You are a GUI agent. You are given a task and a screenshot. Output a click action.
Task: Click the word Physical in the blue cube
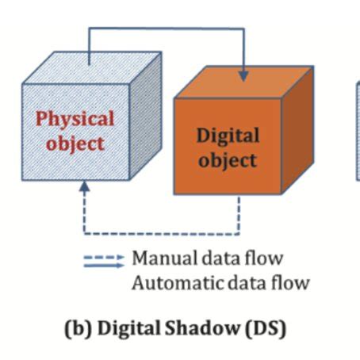(75, 118)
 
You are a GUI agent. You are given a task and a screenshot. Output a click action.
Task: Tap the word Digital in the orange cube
(228, 135)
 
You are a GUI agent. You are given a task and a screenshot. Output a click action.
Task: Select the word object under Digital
(228, 159)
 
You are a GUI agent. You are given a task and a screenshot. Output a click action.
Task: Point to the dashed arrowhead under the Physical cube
(84, 186)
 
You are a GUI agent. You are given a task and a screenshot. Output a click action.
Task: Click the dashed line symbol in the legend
(104, 258)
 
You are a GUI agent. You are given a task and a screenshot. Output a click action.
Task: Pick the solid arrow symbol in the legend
(104, 267)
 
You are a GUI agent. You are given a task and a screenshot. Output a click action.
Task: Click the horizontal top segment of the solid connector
(167, 29)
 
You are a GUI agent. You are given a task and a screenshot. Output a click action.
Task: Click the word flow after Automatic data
(293, 281)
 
